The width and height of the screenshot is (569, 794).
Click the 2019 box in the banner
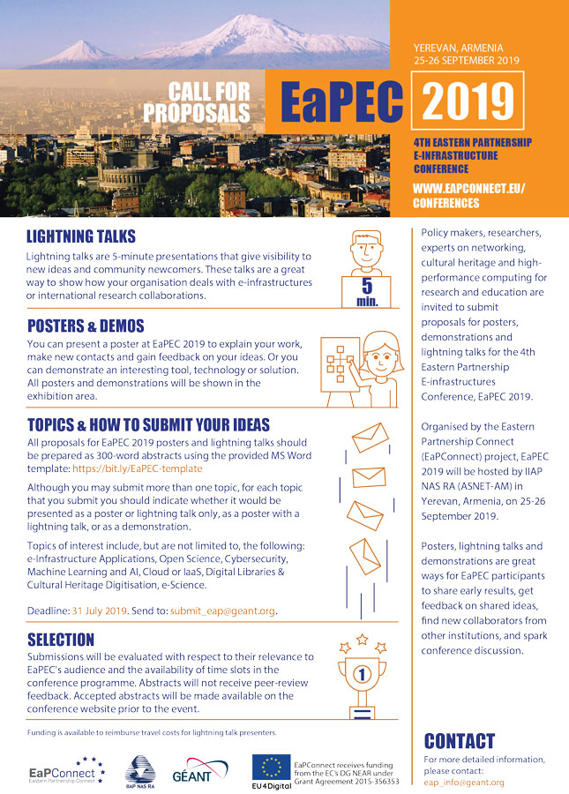(468, 102)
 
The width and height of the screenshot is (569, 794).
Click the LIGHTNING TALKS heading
(81, 236)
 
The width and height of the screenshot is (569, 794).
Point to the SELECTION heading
(61, 638)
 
